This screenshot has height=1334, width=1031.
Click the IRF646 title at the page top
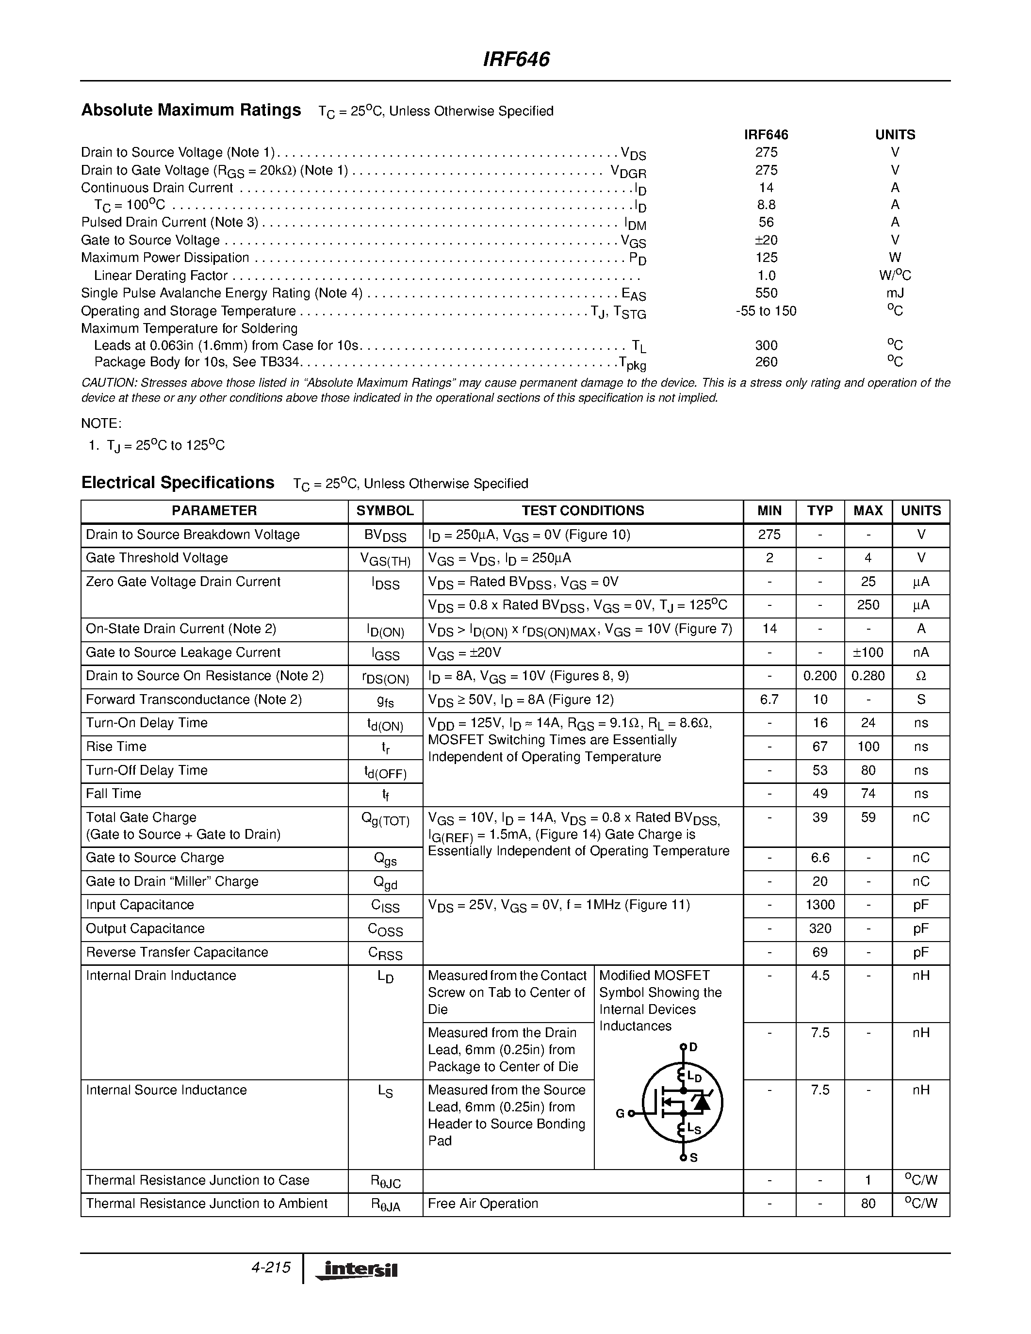point(516,59)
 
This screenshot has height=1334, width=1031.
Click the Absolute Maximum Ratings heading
point(191,110)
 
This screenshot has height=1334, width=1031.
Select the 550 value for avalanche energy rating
point(766,293)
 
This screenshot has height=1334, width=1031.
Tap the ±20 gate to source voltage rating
point(766,240)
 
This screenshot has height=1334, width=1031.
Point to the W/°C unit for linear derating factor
point(894,276)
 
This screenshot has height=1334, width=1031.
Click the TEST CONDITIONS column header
point(582,511)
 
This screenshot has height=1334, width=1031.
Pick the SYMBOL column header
point(385,511)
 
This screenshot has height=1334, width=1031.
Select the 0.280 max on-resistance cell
point(867,676)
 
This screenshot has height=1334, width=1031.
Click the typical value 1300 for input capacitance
point(819,905)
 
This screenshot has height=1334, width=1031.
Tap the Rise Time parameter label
point(116,747)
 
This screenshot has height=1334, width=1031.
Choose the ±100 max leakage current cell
point(867,652)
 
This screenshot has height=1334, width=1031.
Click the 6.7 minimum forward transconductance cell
point(769,700)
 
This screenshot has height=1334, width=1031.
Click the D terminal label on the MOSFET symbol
point(693,1047)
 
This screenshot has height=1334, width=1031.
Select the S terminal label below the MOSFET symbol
point(693,1158)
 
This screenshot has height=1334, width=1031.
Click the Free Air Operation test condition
point(483,1204)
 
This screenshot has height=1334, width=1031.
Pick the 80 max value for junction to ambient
point(867,1204)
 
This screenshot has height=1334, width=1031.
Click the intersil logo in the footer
point(357,1270)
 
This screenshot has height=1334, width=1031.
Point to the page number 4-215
point(271,1268)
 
